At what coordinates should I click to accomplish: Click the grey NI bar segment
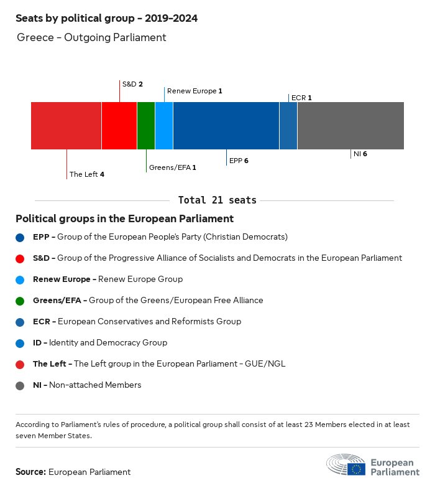click(x=350, y=126)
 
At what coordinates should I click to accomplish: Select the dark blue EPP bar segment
click(x=226, y=126)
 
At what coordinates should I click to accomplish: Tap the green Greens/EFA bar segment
click(x=146, y=126)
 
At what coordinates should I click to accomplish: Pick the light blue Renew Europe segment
click(x=164, y=126)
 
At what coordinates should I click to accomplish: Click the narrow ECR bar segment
click(x=288, y=126)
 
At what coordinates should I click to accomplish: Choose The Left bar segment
click(x=66, y=126)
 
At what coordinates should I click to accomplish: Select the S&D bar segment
click(x=119, y=126)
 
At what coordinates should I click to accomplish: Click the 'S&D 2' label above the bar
click(x=132, y=84)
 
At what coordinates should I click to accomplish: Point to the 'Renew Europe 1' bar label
click(x=195, y=91)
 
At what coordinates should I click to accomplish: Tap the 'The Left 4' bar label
click(x=86, y=174)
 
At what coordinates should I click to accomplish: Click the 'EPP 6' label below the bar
click(x=239, y=161)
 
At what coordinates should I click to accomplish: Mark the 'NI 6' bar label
click(x=360, y=154)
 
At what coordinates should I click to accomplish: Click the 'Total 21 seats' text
click(x=217, y=200)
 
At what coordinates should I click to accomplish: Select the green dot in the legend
click(x=21, y=301)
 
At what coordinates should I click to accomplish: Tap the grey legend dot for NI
click(x=21, y=385)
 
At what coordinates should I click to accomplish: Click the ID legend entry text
click(x=99, y=343)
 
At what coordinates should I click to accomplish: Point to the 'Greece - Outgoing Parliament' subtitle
click(x=91, y=37)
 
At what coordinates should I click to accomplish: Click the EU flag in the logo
click(x=356, y=468)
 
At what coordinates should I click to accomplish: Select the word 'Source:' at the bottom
click(x=30, y=472)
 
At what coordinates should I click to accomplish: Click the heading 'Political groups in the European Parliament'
click(x=124, y=219)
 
